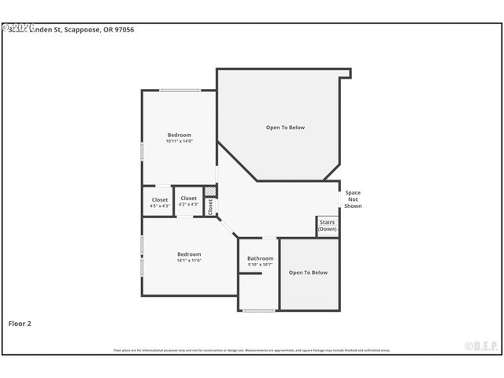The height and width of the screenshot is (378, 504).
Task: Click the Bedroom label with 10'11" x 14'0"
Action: (x=179, y=135)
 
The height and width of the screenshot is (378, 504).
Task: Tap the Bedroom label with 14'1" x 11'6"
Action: (x=189, y=254)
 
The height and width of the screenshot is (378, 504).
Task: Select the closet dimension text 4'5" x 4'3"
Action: (x=160, y=206)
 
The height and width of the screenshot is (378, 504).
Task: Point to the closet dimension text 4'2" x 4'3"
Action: (x=189, y=204)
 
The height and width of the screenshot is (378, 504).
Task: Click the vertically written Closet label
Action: (x=210, y=206)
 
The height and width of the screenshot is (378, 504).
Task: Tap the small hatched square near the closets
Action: (x=210, y=191)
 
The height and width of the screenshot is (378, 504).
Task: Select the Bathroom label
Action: (x=260, y=258)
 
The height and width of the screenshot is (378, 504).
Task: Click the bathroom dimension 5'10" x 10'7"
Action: (x=260, y=265)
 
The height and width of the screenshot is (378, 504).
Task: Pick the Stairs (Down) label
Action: (x=328, y=225)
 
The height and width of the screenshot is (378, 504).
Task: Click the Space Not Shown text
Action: (x=353, y=199)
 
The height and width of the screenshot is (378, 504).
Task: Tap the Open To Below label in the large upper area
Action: (x=285, y=128)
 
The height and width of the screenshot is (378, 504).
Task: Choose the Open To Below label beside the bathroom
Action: (x=308, y=272)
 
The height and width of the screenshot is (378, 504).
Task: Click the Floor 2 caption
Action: (x=20, y=323)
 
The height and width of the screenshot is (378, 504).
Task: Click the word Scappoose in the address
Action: (x=87, y=29)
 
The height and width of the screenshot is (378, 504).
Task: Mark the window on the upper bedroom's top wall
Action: (x=180, y=91)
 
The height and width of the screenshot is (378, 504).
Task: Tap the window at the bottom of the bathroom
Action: (x=258, y=310)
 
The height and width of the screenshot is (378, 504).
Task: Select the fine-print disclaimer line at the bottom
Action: (x=251, y=350)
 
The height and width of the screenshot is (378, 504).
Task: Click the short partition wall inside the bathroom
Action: (x=250, y=273)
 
